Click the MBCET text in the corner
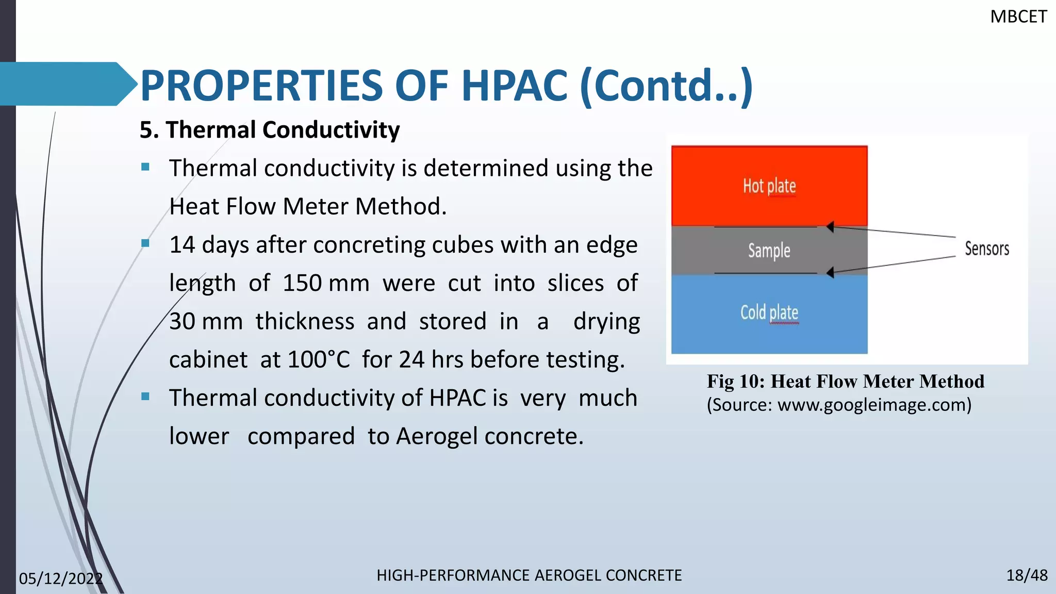tap(1018, 16)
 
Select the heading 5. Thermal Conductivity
tap(270, 129)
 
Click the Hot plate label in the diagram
tap(769, 186)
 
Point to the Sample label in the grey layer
tap(769, 251)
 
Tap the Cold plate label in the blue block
tap(769, 312)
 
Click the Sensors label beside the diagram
tap(986, 249)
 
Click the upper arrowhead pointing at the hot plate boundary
tap(830, 226)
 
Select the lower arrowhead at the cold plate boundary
tap(830, 272)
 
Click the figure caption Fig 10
tap(845, 381)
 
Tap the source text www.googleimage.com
tap(871, 405)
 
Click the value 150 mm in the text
tap(325, 283)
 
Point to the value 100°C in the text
tap(319, 359)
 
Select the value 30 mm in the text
tap(206, 321)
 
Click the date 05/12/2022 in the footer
tap(60, 578)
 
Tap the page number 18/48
tap(1027, 575)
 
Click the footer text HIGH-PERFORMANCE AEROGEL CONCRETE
tap(529, 575)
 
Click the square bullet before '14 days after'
tap(145, 243)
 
